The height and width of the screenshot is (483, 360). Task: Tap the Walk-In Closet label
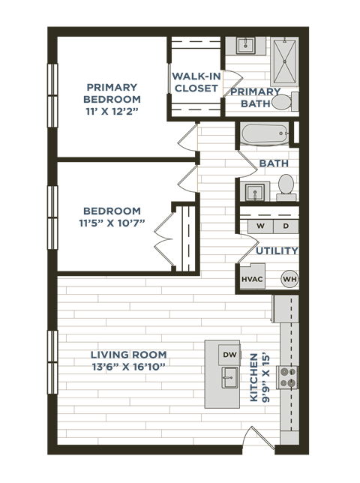(196, 82)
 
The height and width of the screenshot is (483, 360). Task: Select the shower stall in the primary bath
(283, 60)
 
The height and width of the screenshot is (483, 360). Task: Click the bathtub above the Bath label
(265, 135)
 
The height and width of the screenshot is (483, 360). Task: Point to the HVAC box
(252, 279)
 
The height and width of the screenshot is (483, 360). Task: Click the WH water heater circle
(289, 279)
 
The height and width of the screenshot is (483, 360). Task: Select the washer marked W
(260, 226)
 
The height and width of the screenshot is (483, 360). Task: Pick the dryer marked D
(286, 226)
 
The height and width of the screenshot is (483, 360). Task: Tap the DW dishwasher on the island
(229, 353)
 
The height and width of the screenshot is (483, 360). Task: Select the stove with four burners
(289, 377)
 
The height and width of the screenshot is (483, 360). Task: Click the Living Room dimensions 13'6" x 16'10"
(128, 367)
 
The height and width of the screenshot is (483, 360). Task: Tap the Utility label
(277, 250)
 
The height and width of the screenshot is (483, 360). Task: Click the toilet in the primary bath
(282, 102)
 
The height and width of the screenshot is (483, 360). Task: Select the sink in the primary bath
(245, 46)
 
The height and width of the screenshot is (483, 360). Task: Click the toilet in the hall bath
(286, 184)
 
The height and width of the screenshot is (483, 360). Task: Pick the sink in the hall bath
(255, 191)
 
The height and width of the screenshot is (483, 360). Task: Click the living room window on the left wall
(52, 361)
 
